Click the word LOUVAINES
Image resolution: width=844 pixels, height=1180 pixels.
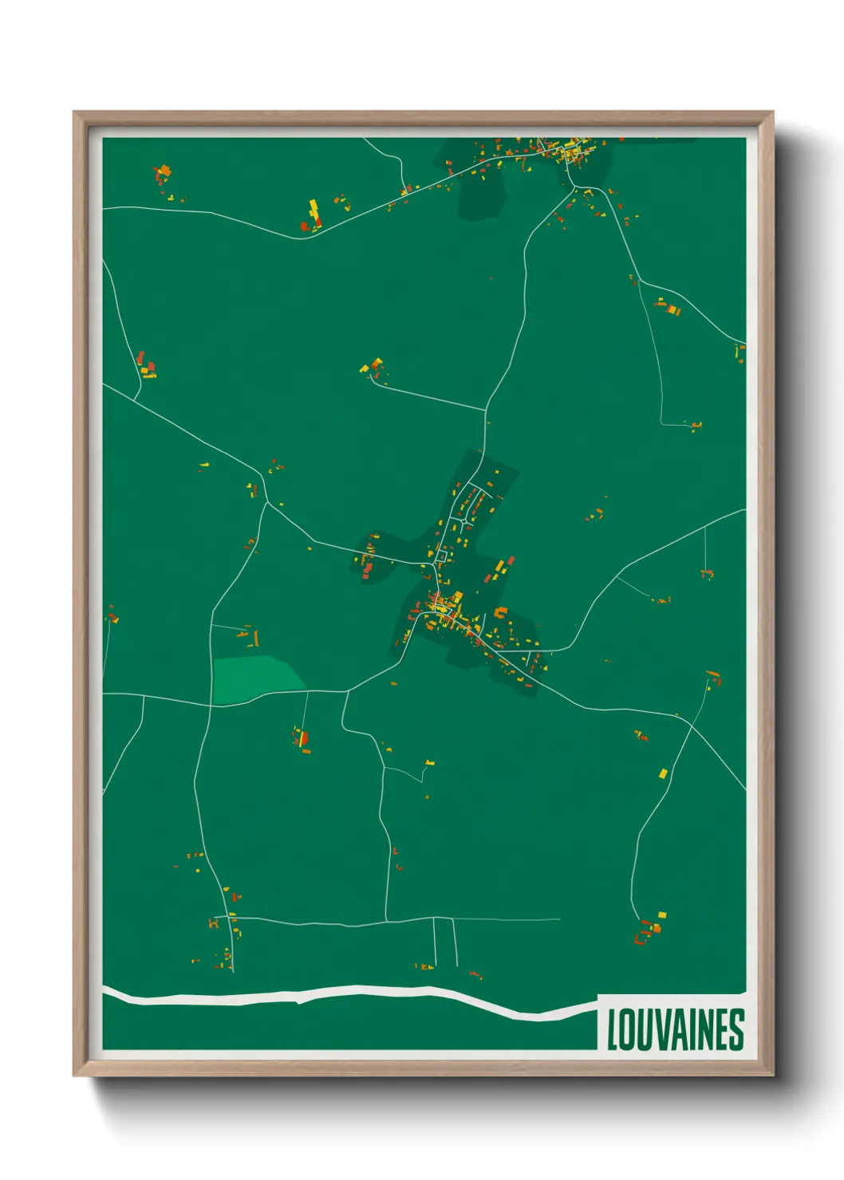[x=675, y=1030]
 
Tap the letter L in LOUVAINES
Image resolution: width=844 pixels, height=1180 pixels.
[x=613, y=1030]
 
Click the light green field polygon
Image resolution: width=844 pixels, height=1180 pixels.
[x=257, y=678]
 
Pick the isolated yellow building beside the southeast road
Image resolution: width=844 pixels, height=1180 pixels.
[x=663, y=773]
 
